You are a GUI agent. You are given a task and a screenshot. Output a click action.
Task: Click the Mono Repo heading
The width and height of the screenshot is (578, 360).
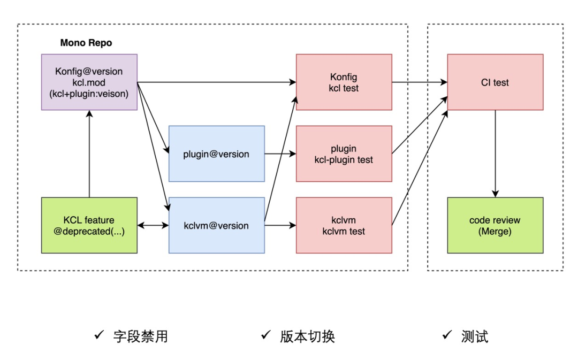tap(86, 43)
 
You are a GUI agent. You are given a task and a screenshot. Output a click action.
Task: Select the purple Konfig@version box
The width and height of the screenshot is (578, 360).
tap(89, 82)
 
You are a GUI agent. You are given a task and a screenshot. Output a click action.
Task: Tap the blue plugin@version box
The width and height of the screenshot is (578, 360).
tap(217, 154)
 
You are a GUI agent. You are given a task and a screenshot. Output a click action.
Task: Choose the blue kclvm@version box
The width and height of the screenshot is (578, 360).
tap(217, 225)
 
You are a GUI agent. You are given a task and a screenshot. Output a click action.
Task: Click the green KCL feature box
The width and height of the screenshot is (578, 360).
tap(89, 225)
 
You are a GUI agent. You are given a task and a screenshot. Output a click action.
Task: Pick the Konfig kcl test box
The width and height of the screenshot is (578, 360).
tap(344, 82)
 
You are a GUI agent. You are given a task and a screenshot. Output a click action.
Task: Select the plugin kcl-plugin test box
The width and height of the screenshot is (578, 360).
tap(344, 154)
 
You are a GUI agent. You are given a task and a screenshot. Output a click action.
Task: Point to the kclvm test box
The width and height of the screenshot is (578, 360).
tap(344, 225)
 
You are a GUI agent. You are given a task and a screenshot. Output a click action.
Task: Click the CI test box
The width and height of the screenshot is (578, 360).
tap(495, 82)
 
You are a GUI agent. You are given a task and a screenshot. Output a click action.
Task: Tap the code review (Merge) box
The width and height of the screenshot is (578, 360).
tap(495, 225)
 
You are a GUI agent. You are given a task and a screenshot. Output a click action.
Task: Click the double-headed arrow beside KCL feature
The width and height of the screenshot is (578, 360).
tap(153, 225)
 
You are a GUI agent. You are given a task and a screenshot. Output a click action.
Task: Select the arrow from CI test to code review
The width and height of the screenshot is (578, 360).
tap(495, 154)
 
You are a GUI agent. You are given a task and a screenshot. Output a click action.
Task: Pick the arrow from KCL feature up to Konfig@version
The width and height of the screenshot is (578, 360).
tap(89, 154)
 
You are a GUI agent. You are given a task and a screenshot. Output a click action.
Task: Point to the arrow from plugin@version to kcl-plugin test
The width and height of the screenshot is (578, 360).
tap(280, 154)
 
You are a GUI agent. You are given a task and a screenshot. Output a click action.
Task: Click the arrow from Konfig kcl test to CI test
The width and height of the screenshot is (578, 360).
tap(420, 82)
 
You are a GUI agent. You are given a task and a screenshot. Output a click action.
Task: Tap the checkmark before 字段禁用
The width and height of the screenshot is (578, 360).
tap(99, 334)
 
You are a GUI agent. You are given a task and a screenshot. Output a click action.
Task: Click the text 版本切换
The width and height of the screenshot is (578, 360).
tap(307, 336)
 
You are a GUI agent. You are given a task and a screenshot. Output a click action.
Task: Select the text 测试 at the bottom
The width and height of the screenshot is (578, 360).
tap(475, 336)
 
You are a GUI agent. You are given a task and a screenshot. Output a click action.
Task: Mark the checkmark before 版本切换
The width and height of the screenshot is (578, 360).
tap(266, 334)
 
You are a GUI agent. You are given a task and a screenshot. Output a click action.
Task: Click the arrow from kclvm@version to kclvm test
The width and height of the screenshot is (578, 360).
tap(280, 225)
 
